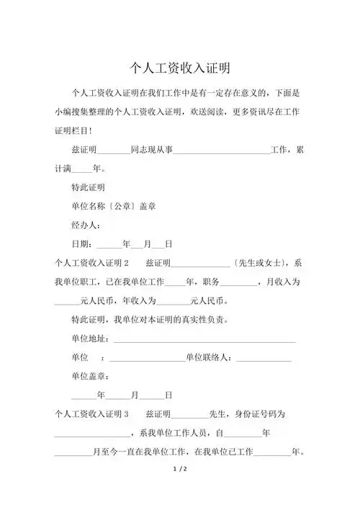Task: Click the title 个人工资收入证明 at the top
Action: coord(179,68)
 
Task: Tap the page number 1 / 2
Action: coord(180,470)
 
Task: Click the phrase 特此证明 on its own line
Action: coord(89,187)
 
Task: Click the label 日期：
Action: coord(82,243)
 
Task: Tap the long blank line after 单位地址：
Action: coord(205,339)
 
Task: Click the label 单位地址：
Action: coord(91,339)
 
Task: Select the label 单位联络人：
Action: coord(209,357)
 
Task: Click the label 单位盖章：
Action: coord(91,376)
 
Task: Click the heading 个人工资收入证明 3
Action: coord(91,414)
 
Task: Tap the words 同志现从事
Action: coord(152,150)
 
